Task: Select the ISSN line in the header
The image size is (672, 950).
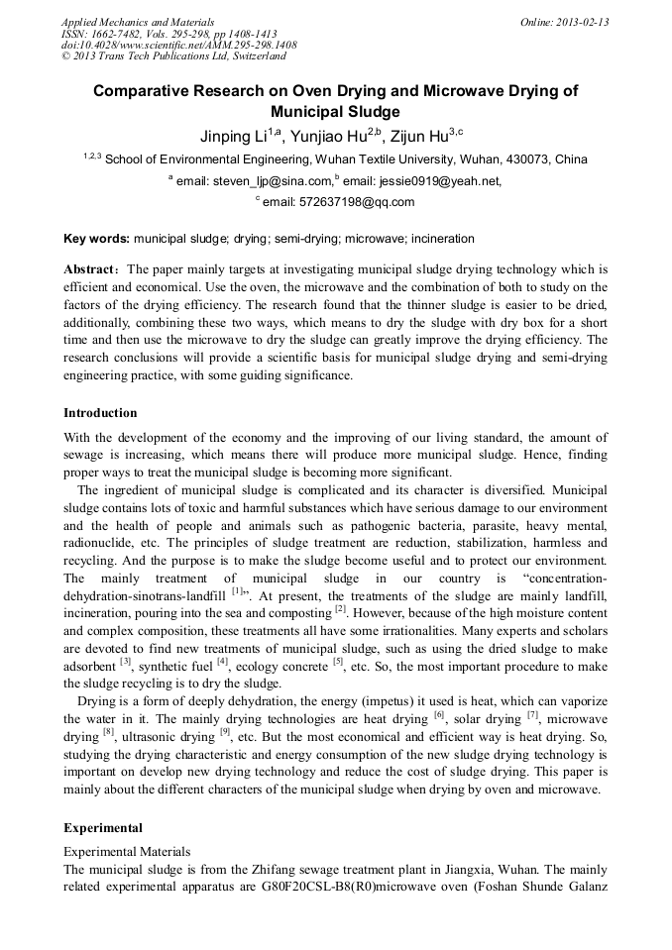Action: (168, 34)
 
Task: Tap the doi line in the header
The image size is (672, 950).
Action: (178, 46)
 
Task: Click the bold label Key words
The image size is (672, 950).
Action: (96, 239)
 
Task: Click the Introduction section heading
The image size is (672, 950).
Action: (100, 412)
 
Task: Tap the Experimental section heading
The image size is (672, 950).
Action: (103, 827)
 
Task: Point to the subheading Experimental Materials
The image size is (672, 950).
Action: (127, 851)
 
